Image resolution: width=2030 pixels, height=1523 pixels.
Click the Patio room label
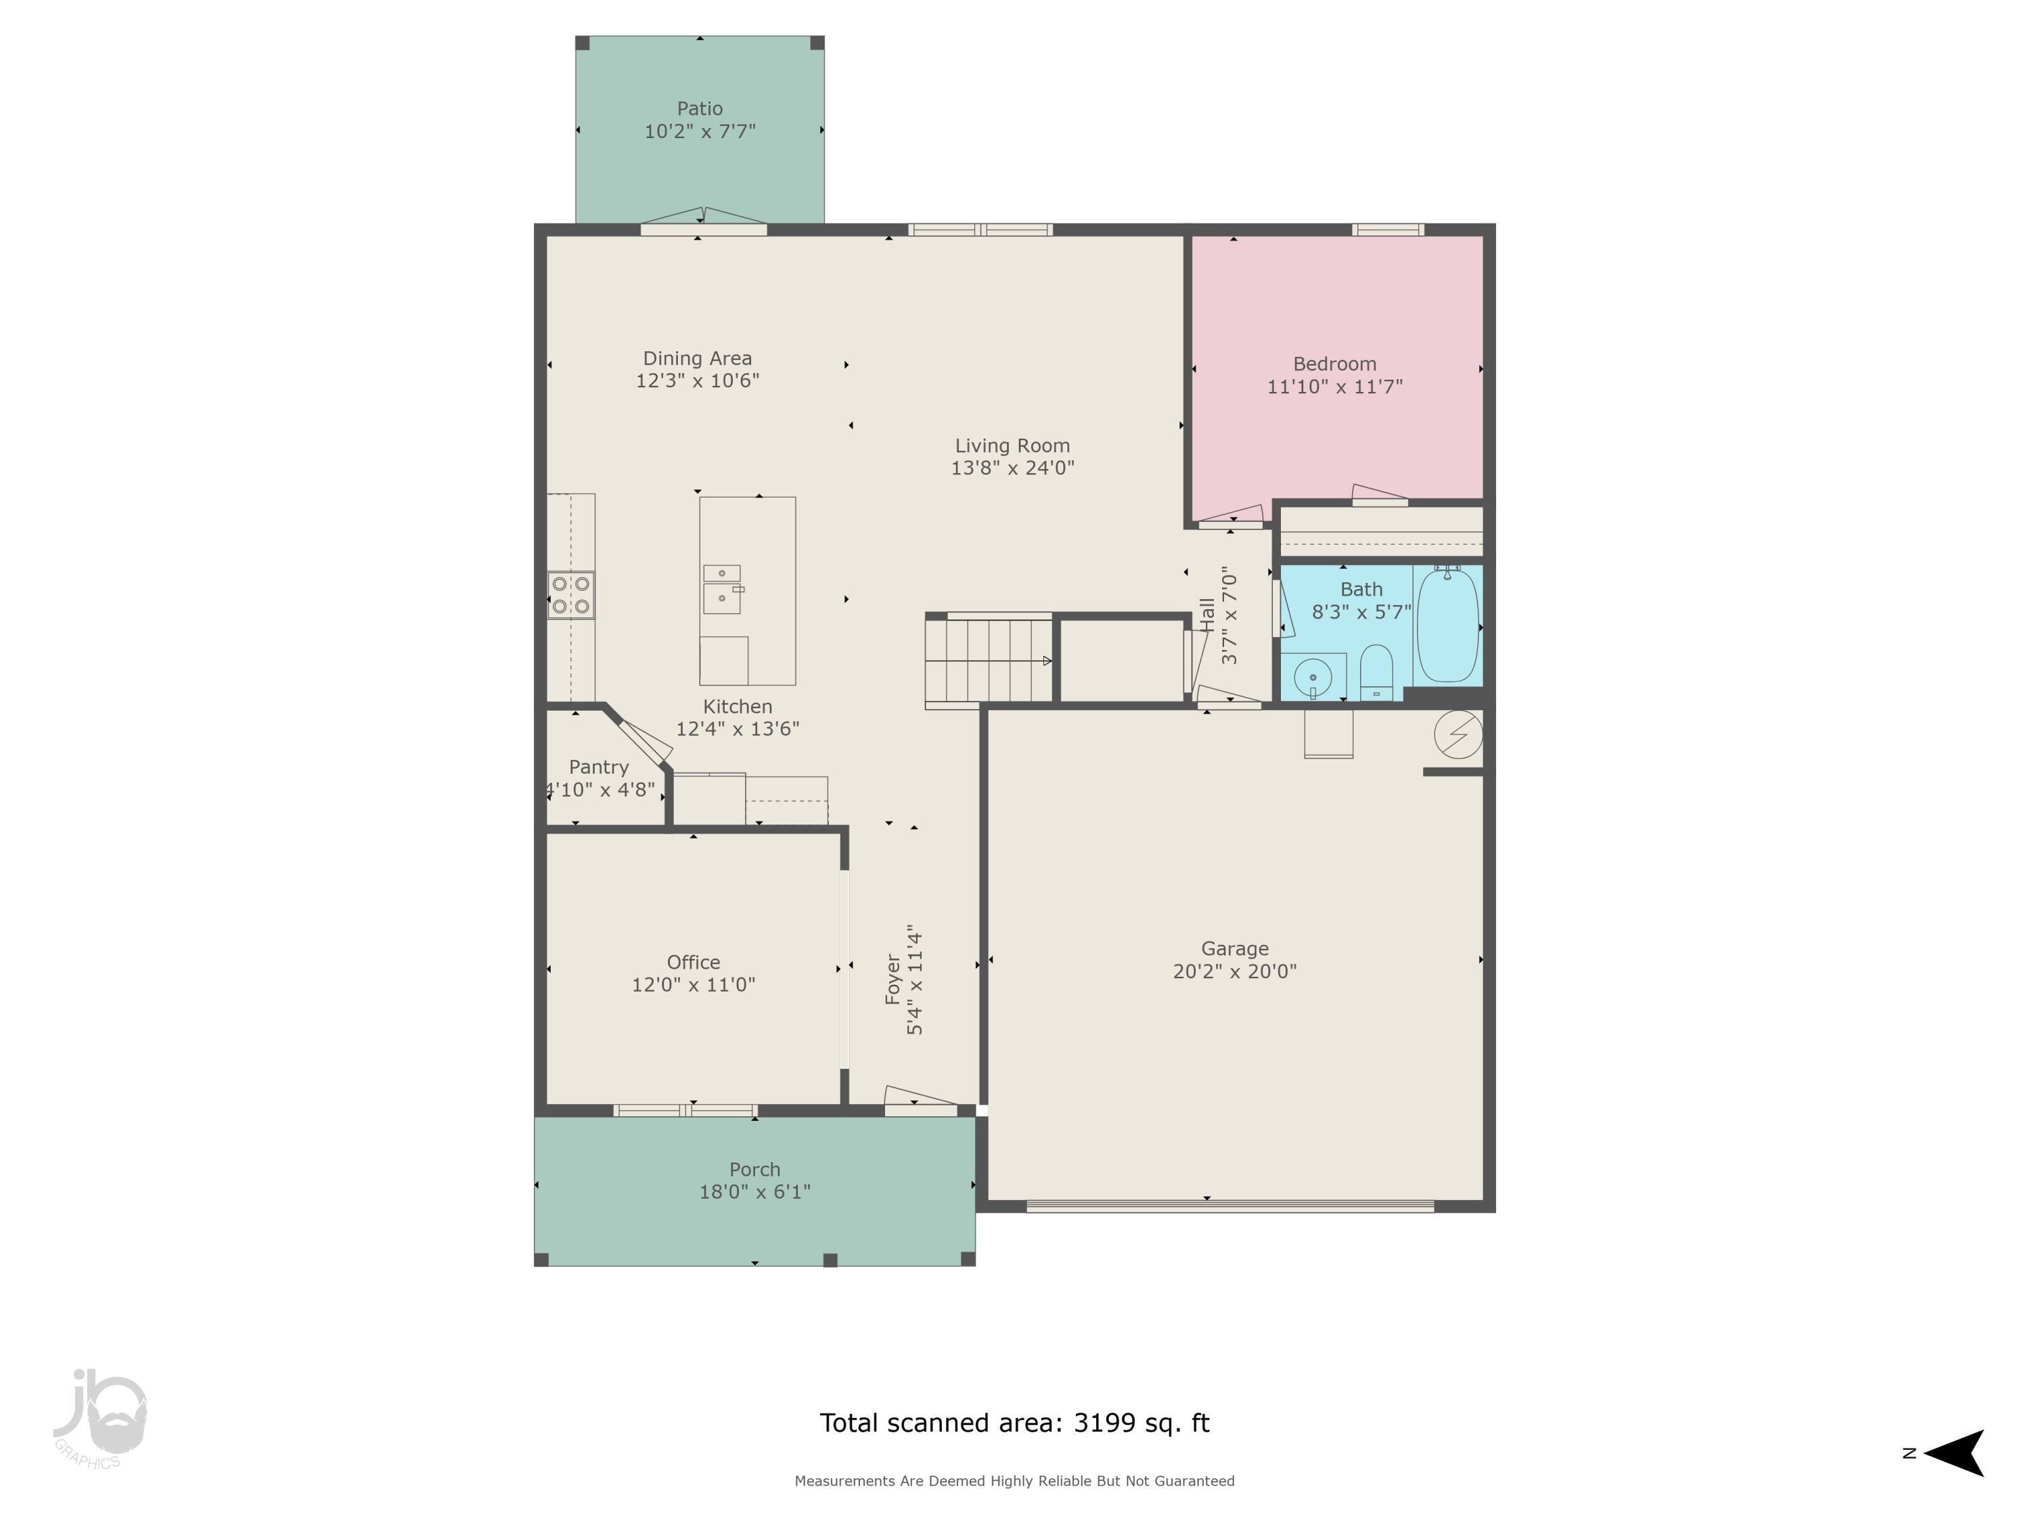tap(699, 108)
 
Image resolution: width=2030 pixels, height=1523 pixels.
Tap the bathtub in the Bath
tap(1447, 625)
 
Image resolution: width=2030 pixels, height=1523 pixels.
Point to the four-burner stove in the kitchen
tap(570, 595)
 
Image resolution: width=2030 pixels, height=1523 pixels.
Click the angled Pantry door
tap(645, 743)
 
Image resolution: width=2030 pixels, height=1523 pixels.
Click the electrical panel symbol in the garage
tap(1458, 734)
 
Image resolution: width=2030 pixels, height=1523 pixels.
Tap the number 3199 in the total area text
tap(1104, 1423)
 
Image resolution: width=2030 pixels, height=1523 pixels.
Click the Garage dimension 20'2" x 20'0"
tap(1234, 971)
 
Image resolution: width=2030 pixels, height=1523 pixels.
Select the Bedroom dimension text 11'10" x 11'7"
tap(1334, 387)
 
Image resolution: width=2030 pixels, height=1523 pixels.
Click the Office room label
tap(693, 962)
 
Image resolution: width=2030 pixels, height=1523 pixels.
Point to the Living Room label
tap(1012, 445)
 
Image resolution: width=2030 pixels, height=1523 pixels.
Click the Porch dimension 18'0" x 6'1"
tap(754, 1191)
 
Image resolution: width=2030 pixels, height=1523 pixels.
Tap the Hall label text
tap(1206, 615)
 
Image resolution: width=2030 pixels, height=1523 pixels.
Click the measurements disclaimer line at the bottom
tap(1014, 1481)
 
